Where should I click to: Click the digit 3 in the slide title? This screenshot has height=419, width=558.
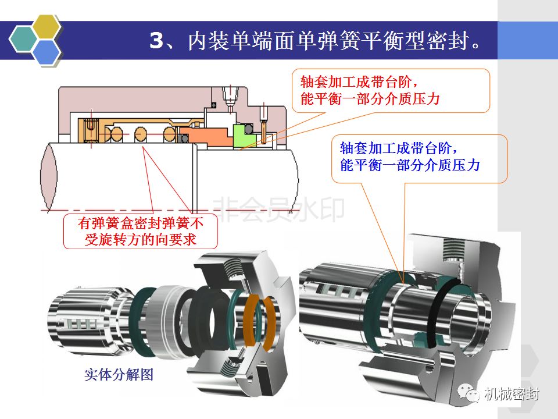[156, 40]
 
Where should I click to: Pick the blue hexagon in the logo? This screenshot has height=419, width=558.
[46, 52]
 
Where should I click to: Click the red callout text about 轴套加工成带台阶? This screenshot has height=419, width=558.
[370, 91]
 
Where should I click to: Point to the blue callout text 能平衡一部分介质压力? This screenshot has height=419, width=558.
[410, 165]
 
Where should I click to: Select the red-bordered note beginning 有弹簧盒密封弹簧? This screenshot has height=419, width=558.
[141, 231]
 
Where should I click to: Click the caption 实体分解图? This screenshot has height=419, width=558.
[119, 374]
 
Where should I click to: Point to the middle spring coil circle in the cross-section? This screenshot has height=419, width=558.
[141, 134]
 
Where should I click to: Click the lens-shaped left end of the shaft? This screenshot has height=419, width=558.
[49, 177]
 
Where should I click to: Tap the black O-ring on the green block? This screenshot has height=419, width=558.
[249, 129]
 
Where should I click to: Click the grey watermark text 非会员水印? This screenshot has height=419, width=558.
[278, 210]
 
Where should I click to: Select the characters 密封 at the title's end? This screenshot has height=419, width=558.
[448, 40]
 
